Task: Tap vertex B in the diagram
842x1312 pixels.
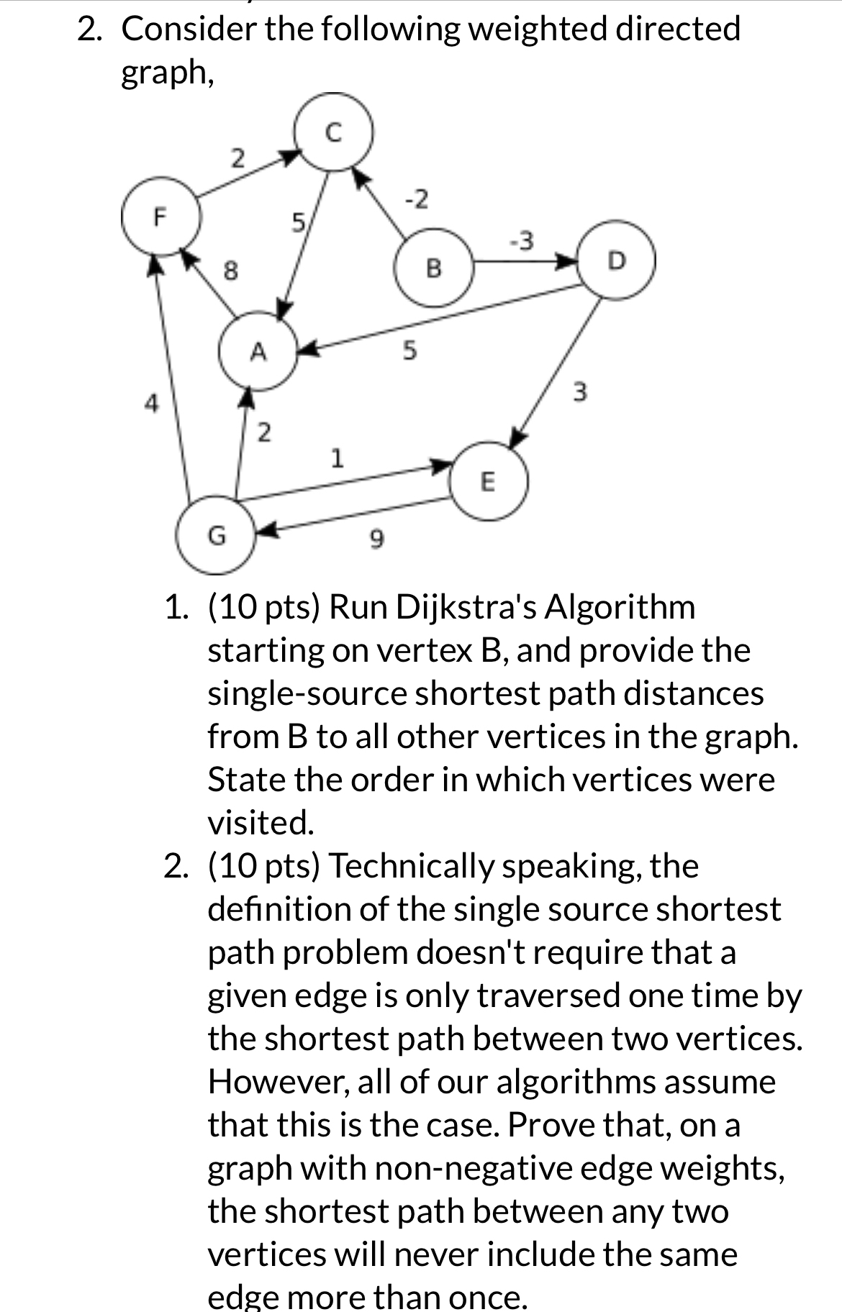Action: click(x=433, y=268)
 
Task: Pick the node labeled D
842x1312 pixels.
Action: click(x=617, y=260)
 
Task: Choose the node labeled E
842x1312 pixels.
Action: click(x=488, y=480)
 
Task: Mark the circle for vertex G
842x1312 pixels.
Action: click(x=216, y=535)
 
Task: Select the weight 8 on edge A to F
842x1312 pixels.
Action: click(x=230, y=271)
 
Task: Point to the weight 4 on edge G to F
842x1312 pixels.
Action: click(x=150, y=402)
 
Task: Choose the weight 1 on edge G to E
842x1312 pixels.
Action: click(x=335, y=457)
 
